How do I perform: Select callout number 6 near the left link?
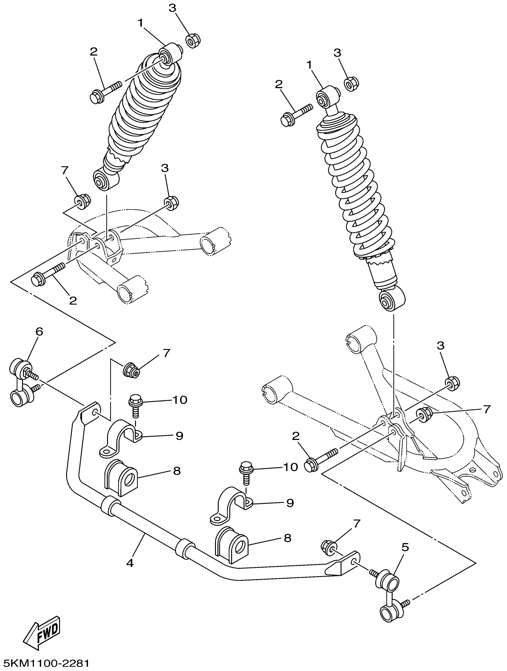point(39,331)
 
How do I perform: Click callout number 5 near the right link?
point(405,547)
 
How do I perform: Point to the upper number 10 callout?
point(180,400)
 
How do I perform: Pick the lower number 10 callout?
point(290,467)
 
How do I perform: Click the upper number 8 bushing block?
point(120,479)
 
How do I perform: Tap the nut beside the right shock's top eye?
point(351,84)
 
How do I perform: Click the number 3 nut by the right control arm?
point(452,383)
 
